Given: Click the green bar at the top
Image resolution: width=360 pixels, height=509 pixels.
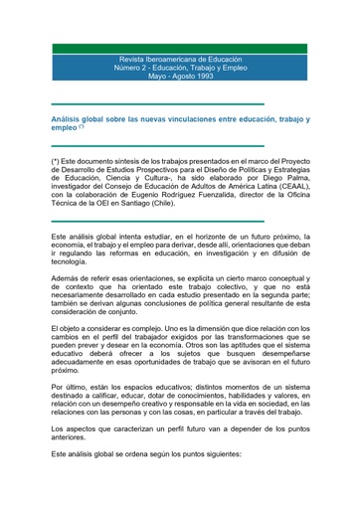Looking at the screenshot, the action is coord(180,48).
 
